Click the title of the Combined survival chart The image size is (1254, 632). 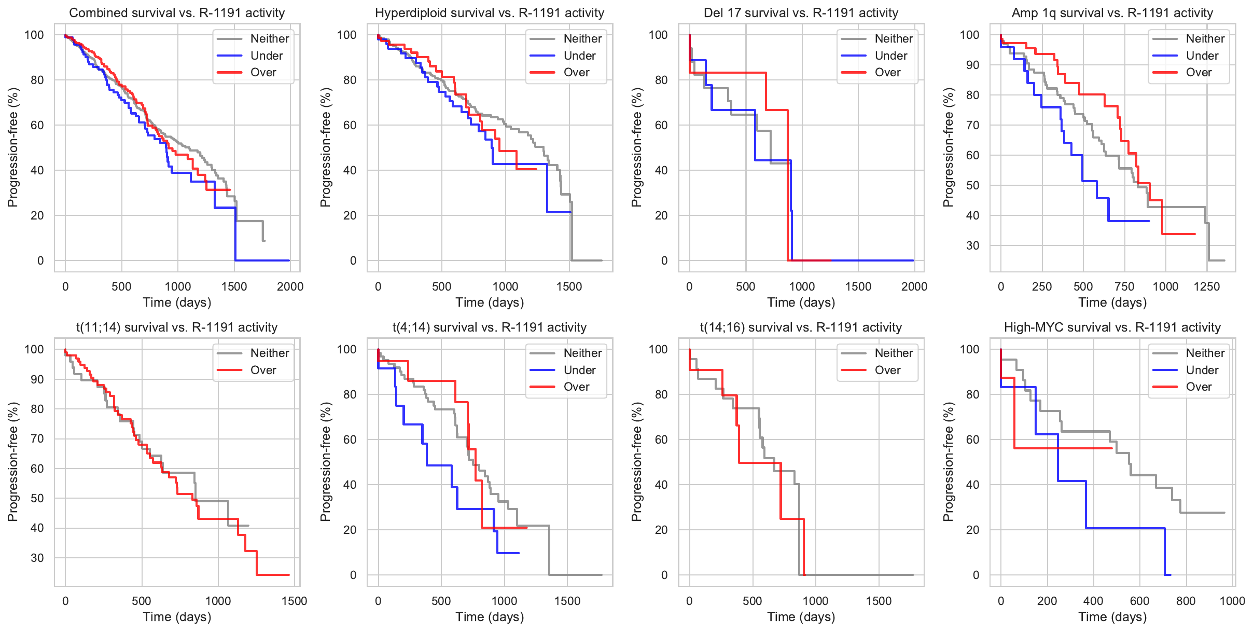click(x=177, y=13)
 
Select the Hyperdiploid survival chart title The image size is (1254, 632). click(x=490, y=13)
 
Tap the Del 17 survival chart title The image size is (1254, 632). click(x=801, y=13)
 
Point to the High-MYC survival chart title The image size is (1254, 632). click(x=1112, y=327)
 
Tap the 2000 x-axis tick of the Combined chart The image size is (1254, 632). click(x=290, y=286)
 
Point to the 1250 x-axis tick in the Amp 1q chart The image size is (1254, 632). click(x=1207, y=286)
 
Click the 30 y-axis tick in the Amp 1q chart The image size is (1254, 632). click(x=972, y=245)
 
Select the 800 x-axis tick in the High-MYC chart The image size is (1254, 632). click(x=1186, y=601)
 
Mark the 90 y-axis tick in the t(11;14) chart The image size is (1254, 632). click(x=37, y=379)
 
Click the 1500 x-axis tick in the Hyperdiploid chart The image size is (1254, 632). click(x=569, y=286)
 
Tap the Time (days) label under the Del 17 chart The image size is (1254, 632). click(x=801, y=303)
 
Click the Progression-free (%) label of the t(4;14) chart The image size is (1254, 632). click(x=325, y=462)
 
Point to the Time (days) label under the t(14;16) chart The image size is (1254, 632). click(x=801, y=617)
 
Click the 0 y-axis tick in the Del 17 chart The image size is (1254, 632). click(x=664, y=260)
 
